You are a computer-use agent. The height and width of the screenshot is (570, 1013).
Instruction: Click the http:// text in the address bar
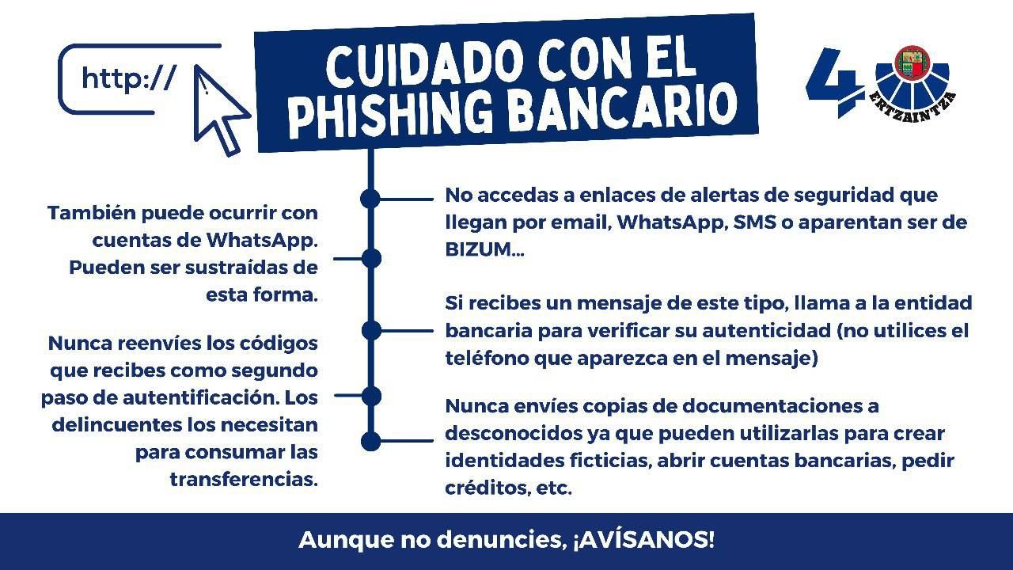pyautogui.click(x=129, y=78)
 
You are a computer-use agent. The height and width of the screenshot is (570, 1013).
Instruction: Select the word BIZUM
pyautogui.click(x=479, y=249)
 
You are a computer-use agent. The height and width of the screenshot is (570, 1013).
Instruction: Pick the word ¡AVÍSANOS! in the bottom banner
pyautogui.click(x=644, y=540)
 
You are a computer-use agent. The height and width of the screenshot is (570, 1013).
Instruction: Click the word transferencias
pyautogui.click(x=244, y=479)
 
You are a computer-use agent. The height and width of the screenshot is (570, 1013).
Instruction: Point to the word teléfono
pyautogui.click(x=487, y=357)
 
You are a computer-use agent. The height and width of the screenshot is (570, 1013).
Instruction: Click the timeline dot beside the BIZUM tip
pyautogui.click(x=370, y=199)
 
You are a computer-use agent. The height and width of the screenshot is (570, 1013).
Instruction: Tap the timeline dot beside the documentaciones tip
pyautogui.click(x=371, y=441)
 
